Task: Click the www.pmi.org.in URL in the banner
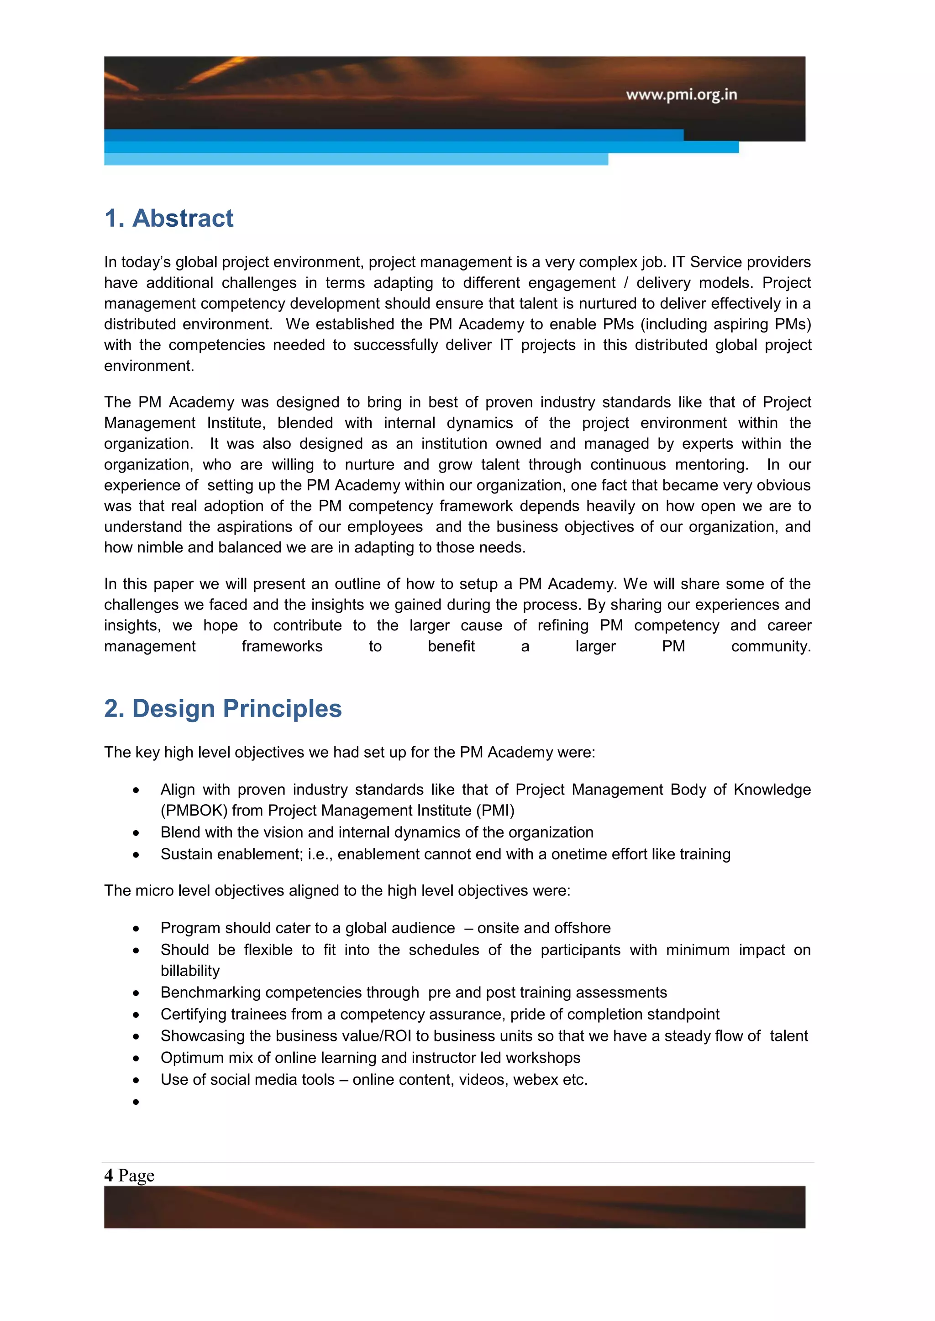(x=681, y=94)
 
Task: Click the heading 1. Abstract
(x=168, y=218)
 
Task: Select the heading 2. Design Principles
(x=223, y=709)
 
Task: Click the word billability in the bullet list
(x=190, y=971)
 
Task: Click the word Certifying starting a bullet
(x=194, y=1014)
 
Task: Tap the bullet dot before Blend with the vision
(x=136, y=833)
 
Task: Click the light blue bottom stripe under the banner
(x=356, y=159)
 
